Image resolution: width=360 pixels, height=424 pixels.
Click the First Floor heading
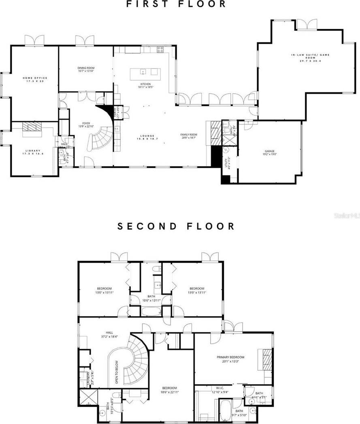176,4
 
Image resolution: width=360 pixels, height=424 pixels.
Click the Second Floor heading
176,226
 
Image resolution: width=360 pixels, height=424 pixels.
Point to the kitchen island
144,72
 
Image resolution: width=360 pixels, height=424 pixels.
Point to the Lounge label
147,137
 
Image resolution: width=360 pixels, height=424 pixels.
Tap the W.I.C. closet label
220,390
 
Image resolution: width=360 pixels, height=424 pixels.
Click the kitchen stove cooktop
160,49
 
